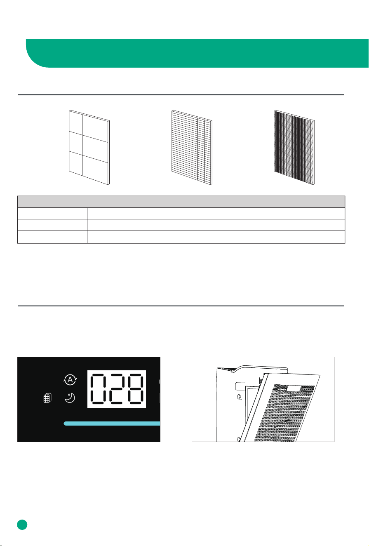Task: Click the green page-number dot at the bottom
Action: click(x=22, y=525)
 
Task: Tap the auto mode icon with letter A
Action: click(x=70, y=379)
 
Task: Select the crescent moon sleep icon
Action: click(x=70, y=398)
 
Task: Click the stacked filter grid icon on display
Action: click(x=47, y=398)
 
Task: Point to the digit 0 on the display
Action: click(x=98, y=388)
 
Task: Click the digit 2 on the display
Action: click(x=117, y=388)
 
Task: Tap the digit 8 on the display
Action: click(x=136, y=388)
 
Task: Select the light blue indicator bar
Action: click(x=112, y=424)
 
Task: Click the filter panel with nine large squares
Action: click(x=89, y=147)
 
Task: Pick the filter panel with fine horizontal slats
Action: click(x=192, y=147)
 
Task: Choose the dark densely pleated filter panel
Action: click(x=294, y=147)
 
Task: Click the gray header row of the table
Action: click(x=181, y=202)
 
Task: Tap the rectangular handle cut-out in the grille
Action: click(x=294, y=388)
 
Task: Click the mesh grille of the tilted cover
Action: click(x=284, y=413)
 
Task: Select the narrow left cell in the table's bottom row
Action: click(x=52, y=237)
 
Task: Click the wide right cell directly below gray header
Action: click(x=216, y=213)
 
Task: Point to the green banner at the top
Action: click(x=197, y=53)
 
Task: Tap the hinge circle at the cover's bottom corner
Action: click(x=239, y=439)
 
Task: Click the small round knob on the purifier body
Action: click(x=240, y=397)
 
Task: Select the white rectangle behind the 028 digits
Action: click(x=117, y=389)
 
